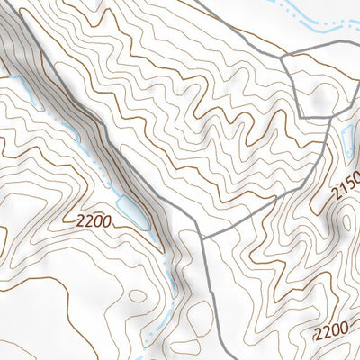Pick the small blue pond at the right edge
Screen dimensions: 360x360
pyautogui.click(x=346, y=137)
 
